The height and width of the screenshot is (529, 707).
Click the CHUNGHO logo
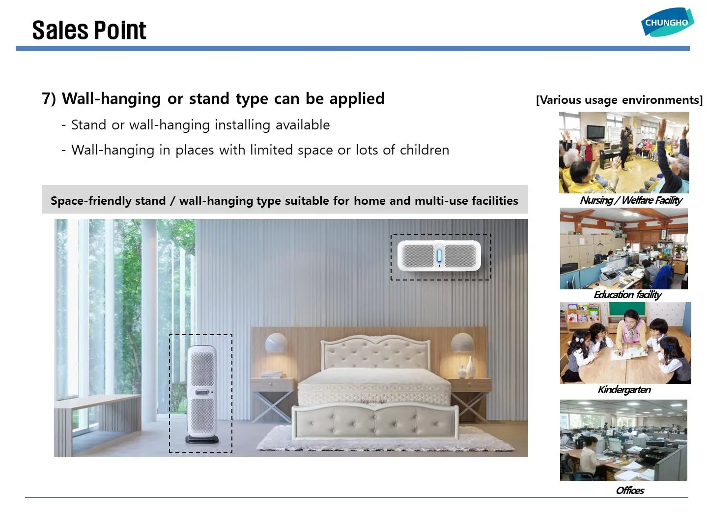(x=667, y=22)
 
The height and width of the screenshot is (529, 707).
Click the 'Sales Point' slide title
(x=89, y=31)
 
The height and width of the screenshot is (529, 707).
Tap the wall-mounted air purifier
(x=439, y=256)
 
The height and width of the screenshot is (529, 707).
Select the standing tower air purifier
(x=202, y=394)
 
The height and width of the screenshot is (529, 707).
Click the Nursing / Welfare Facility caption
(x=631, y=200)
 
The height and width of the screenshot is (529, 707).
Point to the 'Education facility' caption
(x=627, y=294)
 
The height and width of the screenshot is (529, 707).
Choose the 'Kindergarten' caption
(x=624, y=390)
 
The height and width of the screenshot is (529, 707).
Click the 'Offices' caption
(x=630, y=490)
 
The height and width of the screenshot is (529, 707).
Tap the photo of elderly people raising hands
(x=624, y=152)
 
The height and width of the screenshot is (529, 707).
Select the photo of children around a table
(x=625, y=343)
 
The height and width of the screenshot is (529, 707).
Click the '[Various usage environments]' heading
(x=619, y=100)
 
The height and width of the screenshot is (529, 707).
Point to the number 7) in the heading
(x=49, y=98)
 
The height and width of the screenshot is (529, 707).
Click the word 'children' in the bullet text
(x=424, y=150)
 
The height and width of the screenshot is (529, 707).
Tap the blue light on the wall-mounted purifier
(x=439, y=256)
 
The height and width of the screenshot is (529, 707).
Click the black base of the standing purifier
(x=202, y=439)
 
